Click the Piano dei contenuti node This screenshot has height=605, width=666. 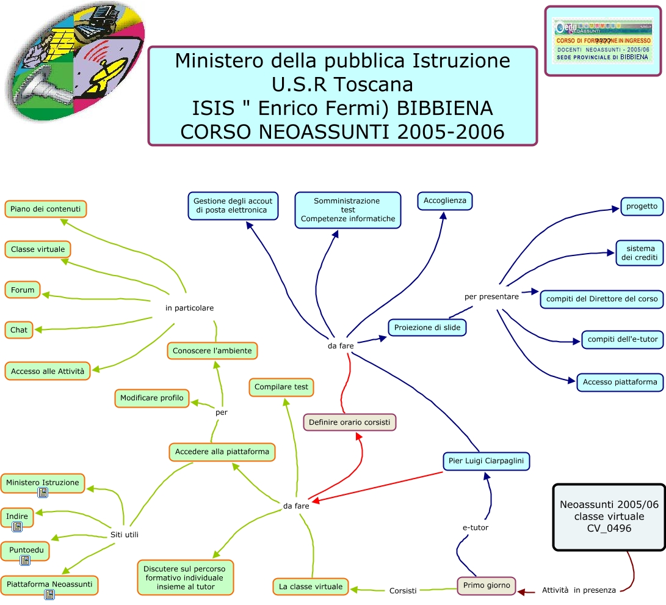(46, 209)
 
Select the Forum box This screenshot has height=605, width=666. (23, 290)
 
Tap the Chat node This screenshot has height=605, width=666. (19, 329)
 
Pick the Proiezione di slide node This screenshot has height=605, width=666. (427, 328)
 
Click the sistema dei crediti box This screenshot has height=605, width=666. (639, 253)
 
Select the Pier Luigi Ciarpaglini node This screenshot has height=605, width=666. (486, 461)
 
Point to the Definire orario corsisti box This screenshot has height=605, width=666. (350, 422)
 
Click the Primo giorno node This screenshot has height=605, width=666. (487, 585)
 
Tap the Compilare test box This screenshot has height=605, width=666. (281, 387)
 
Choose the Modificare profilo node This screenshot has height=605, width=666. (152, 398)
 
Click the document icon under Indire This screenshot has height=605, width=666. (17, 526)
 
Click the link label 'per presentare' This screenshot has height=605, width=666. (491, 296)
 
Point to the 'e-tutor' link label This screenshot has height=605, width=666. (476, 527)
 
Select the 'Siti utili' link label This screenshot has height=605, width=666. (124, 534)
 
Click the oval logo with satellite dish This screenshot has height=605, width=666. (76, 61)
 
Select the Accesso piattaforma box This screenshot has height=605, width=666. (620, 382)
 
